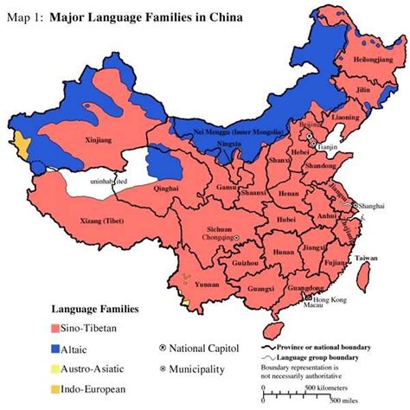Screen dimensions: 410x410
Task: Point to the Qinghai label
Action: pos(167,184)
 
